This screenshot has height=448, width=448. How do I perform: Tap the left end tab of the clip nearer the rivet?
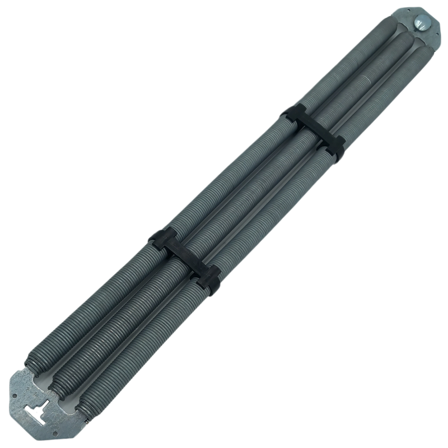click(x=292, y=113)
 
